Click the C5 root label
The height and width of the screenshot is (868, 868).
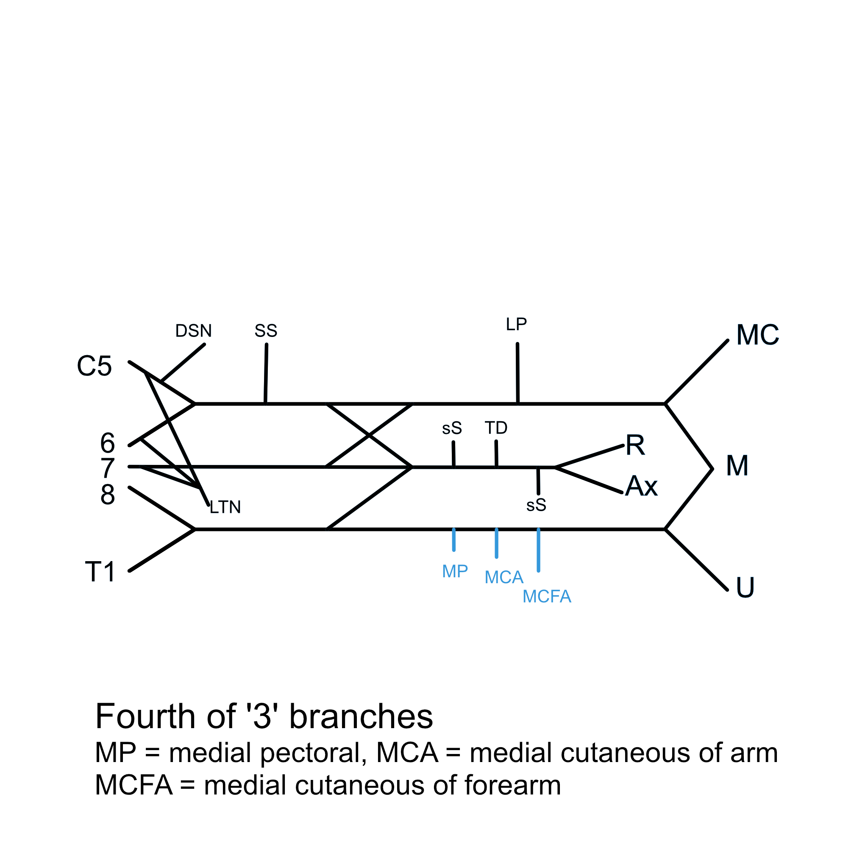point(94,366)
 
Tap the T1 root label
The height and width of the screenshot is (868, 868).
point(100,572)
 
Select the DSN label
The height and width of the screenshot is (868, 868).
point(193,331)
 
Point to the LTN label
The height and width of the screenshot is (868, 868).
point(225,507)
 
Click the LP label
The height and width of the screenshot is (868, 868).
point(516,324)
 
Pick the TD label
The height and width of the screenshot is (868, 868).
point(496,428)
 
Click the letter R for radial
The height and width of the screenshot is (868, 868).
point(635,445)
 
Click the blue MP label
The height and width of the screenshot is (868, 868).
point(455,571)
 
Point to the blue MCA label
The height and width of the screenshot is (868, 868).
point(504,577)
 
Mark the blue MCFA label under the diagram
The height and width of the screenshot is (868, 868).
point(547,597)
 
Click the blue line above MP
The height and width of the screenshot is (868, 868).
point(454,540)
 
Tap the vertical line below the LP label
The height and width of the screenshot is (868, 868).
point(517,374)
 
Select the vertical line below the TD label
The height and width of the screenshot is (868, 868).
point(496,454)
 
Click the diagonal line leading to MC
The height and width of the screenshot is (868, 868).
point(697,372)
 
